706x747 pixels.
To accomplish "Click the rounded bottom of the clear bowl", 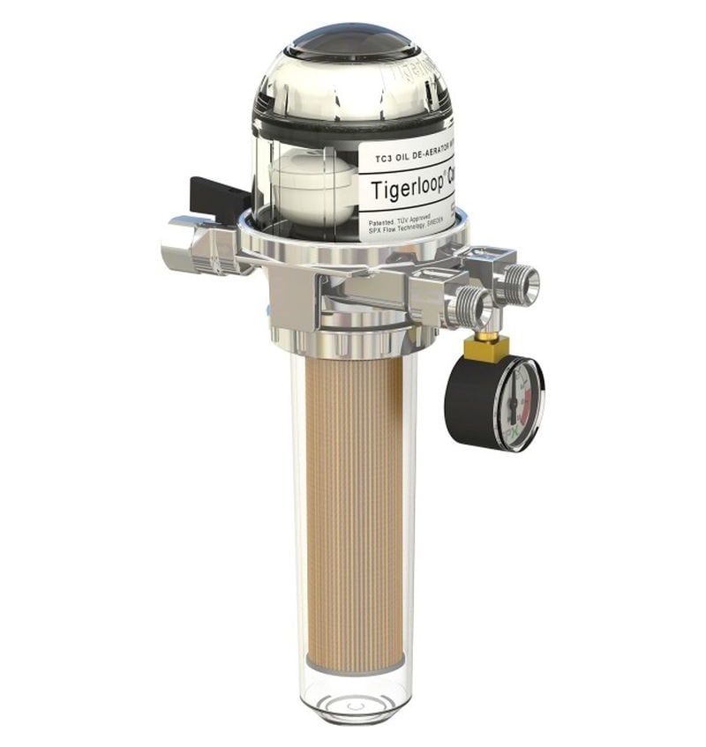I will (357, 702).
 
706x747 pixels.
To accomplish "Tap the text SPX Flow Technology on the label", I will (394, 232).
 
